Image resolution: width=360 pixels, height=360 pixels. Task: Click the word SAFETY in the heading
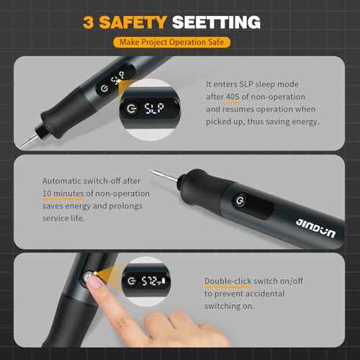(x=134, y=22)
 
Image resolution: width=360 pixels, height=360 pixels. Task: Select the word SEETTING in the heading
(x=217, y=22)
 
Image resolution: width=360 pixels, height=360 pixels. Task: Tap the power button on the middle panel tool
(x=240, y=201)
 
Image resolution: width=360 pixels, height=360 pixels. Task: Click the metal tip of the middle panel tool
(x=158, y=176)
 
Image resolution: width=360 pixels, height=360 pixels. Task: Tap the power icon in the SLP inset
(x=131, y=109)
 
